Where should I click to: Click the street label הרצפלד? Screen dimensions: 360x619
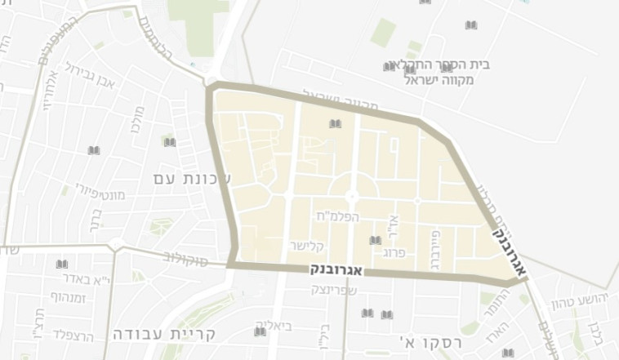pyautogui.click(x=73, y=334)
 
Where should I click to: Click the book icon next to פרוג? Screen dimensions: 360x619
pyautogui.click(x=375, y=241)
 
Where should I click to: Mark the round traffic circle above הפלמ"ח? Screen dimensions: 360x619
pyautogui.click(x=352, y=197)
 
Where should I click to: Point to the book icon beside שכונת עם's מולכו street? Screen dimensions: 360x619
pyautogui.click(x=169, y=143)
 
